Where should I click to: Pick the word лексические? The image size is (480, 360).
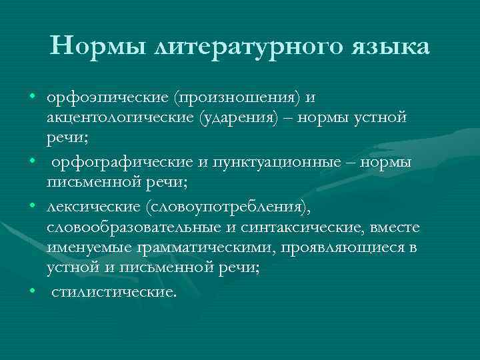(91, 210)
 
